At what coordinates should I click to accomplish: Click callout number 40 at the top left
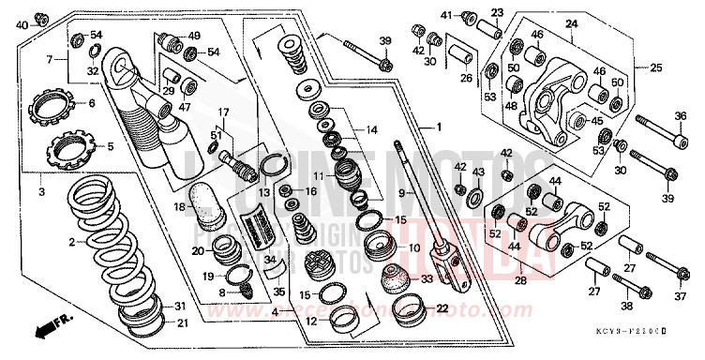coord(22,24)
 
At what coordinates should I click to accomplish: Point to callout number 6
coord(92,103)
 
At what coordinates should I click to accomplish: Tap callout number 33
coord(427,278)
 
